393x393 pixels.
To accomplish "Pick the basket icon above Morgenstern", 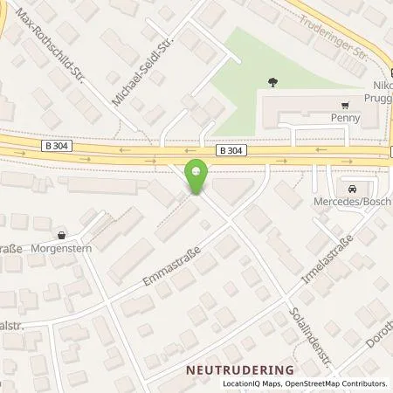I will pos(61,234).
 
